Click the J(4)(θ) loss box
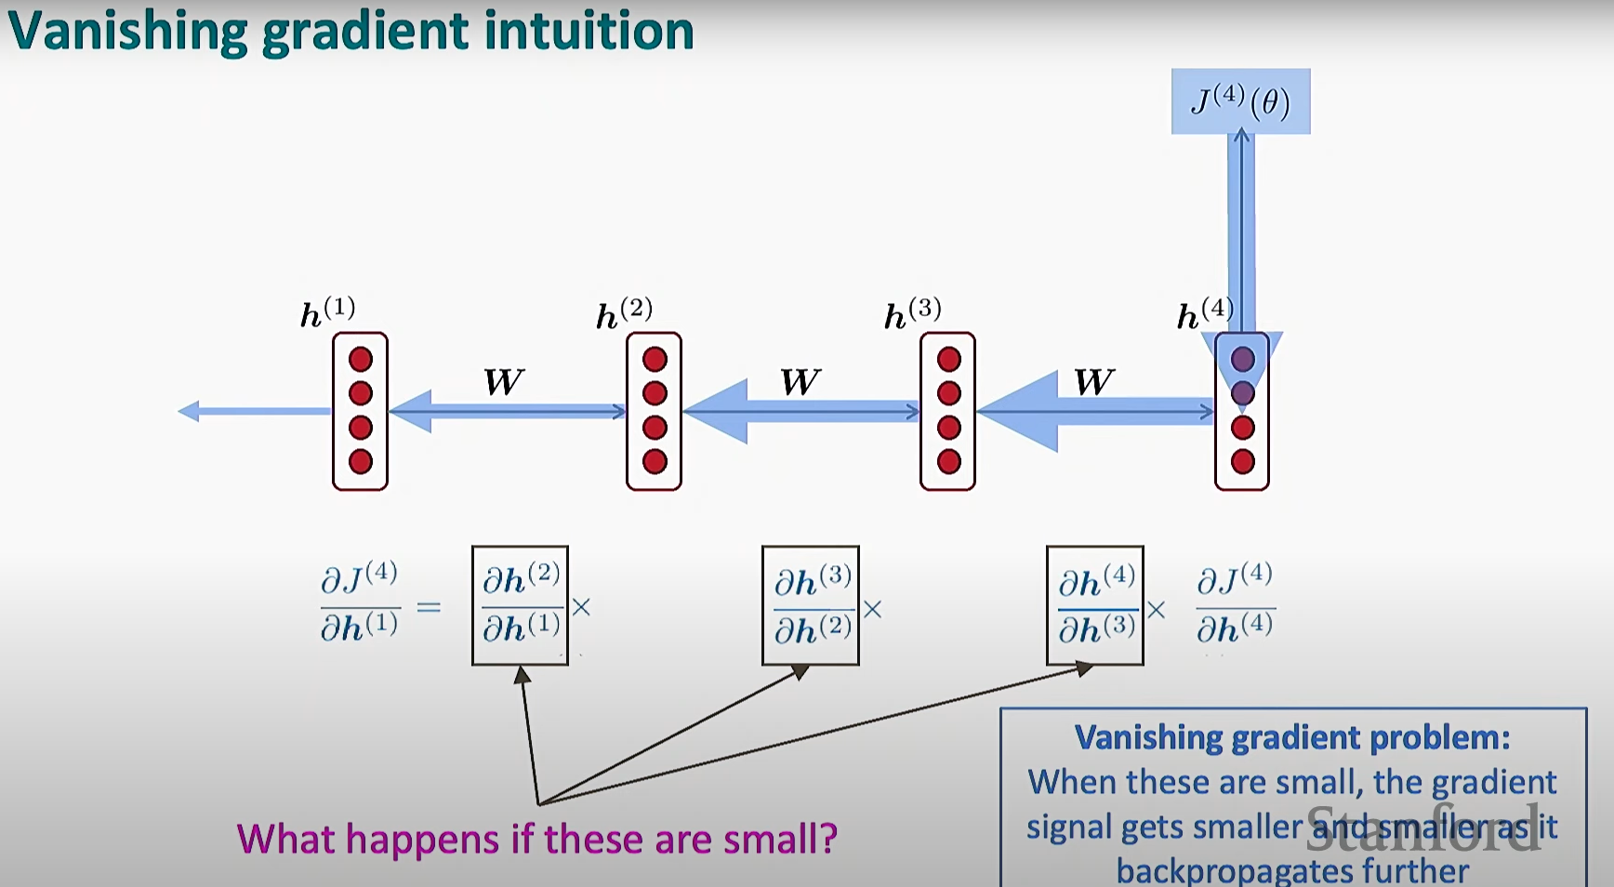point(1240,101)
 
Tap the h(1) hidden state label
point(327,313)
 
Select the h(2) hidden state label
point(624,314)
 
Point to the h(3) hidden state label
point(912,314)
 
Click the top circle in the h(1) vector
point(361,360)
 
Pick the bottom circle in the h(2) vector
point(655,461)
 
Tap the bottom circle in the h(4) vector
point(1242,461)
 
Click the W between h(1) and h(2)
point(504,382)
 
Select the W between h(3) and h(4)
point(1093,382)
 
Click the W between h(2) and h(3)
point(800,382)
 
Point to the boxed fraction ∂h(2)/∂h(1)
point(521,605)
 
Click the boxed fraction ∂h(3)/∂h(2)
point(811,606)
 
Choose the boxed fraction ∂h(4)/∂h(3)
point(1095,606)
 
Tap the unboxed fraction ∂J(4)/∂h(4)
point(1235,604)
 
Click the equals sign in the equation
point(429,608)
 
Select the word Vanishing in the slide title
point(127,32)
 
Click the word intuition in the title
point(589,30)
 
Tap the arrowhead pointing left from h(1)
point(189,411)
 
